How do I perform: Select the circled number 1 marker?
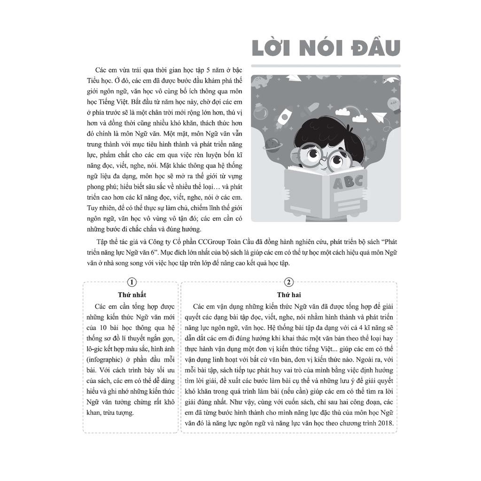(x=132, y=282)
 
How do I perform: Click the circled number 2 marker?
(x=289, y=282)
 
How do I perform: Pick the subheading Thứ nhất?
(x=132, y=295)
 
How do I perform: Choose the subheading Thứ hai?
(x=289, y=295)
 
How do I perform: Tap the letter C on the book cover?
(x=358, y=180)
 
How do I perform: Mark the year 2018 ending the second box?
(x=386, y=424)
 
